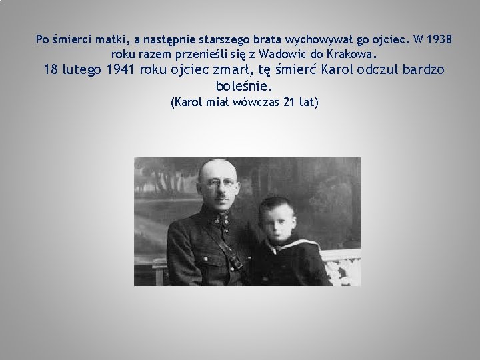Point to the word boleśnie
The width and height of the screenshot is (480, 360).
(245, 86)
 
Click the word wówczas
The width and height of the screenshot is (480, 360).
(255, 102)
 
